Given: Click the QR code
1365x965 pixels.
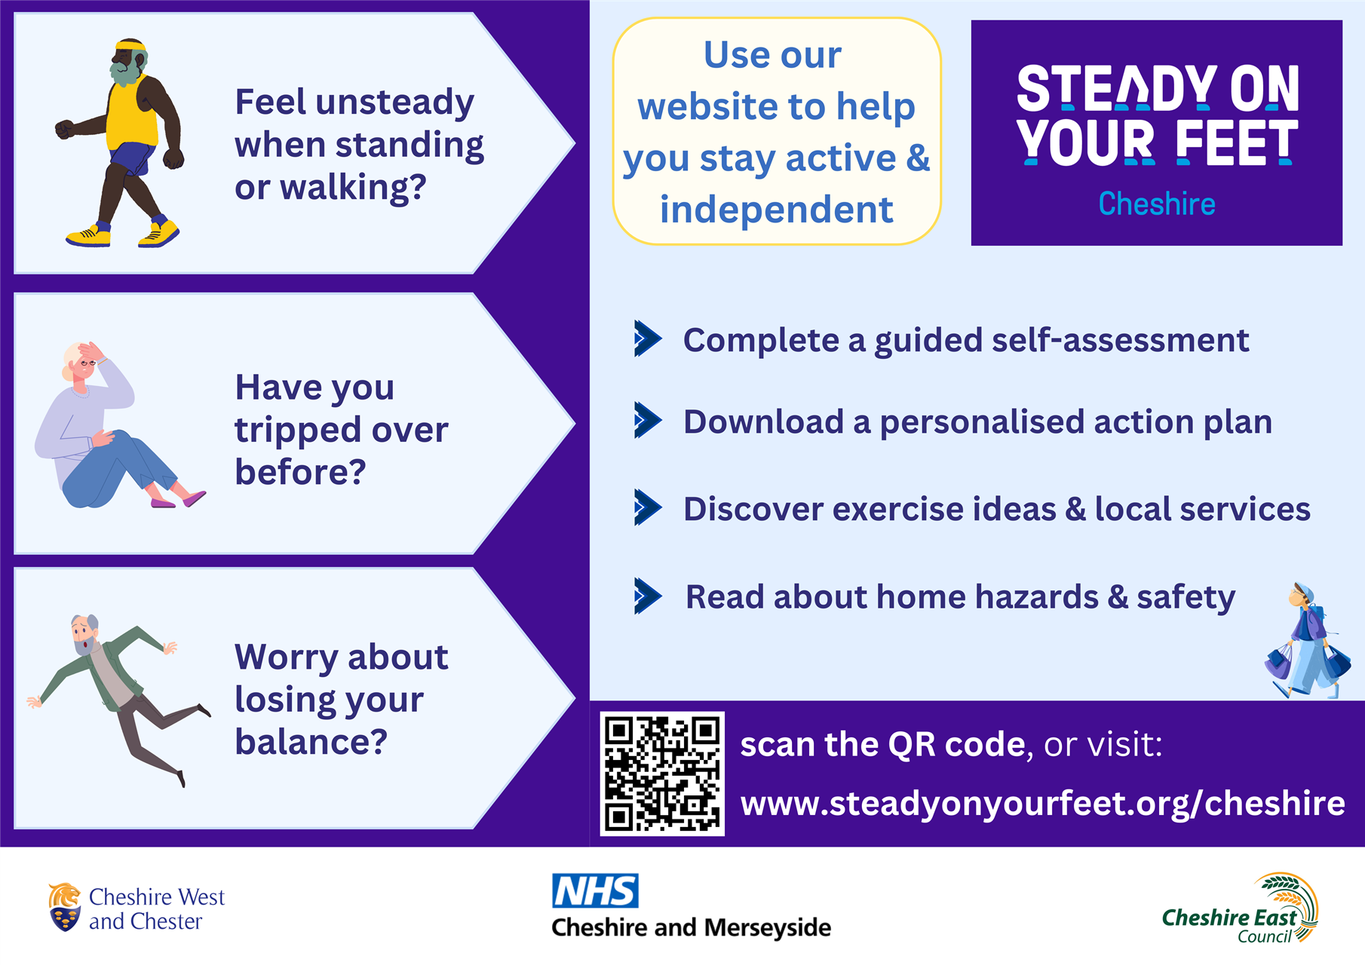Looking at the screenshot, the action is tap(662, 774).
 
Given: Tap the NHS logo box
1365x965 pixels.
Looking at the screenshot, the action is tap(596, 890).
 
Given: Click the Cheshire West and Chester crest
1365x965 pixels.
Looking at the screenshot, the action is tap(65, 907).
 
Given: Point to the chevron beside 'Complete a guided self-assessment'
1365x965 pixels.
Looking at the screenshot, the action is tap(648, 339).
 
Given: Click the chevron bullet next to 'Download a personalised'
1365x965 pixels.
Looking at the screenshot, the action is tap(648, 420).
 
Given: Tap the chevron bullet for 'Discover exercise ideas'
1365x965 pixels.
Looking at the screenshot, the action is tap(648, 507).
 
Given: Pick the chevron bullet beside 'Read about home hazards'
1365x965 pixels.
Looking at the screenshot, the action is tap(648, 596).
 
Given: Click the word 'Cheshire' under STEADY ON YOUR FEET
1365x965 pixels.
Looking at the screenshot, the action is tap(1157, 204).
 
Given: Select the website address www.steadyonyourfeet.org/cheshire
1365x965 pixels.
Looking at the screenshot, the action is tap(1042, 804).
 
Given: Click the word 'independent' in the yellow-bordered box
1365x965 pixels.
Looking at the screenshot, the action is tap(776, 210).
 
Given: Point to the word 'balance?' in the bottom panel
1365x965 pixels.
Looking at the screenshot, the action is tap(311, 741).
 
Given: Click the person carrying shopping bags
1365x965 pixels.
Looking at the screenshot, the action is tap(1307, 640).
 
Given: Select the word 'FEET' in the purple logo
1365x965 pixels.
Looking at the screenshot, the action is tap(1236, 142).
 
